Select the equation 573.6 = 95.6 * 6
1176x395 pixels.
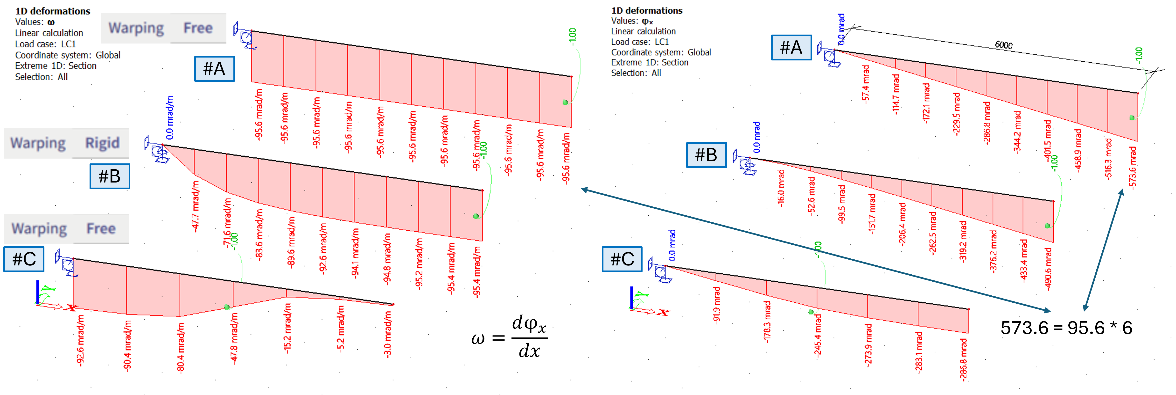(1066, 328)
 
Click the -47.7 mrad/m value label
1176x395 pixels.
(195, 207)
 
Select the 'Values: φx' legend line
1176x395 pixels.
(632, 21)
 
